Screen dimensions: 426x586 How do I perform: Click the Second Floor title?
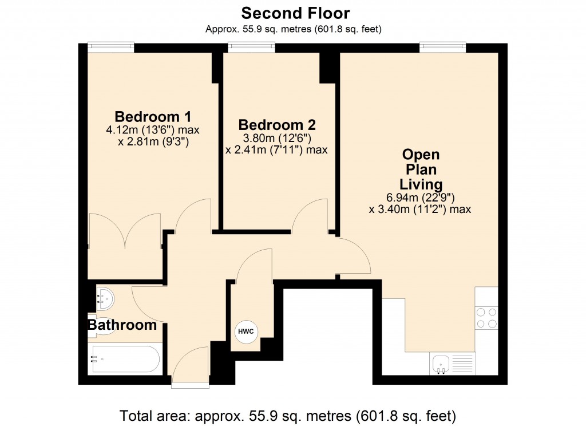tap(295, 13)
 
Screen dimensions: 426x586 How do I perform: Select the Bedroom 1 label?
tap(152, 115)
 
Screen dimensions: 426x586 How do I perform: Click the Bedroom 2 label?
tap(277, 124)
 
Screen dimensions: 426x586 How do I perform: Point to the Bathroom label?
tap(122, 325)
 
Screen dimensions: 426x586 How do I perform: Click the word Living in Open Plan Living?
tap(421, 184)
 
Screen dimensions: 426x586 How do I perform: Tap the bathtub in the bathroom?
tap(125, 359)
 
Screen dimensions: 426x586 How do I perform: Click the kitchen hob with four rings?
tap(486, 318)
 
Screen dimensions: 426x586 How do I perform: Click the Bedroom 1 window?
tap(110, 48)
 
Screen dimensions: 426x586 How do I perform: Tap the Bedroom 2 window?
tap(251, 48)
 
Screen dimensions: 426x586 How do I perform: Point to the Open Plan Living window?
tap(442, 48)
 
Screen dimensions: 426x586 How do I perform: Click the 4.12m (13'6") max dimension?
tap(152, 130)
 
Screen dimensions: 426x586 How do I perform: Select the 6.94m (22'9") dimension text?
tap(421, 198)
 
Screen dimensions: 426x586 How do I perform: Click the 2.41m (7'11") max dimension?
tap(277, 150)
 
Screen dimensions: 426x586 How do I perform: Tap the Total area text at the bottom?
tap(287, 415)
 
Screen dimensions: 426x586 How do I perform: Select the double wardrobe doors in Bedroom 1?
tap(124, 231)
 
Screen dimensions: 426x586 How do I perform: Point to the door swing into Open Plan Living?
tap(352, 256)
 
